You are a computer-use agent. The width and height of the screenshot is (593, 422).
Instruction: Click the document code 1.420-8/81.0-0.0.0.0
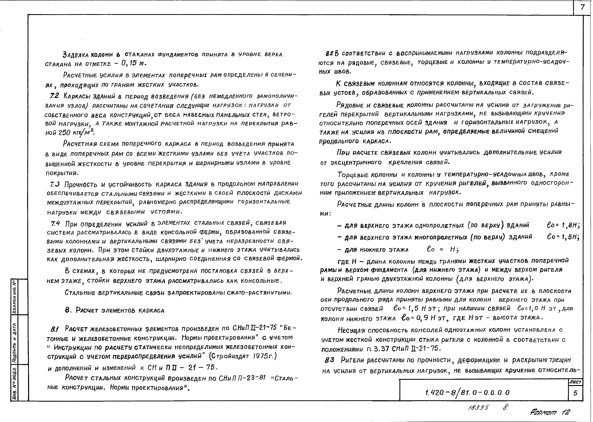(x=467, y=392)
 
